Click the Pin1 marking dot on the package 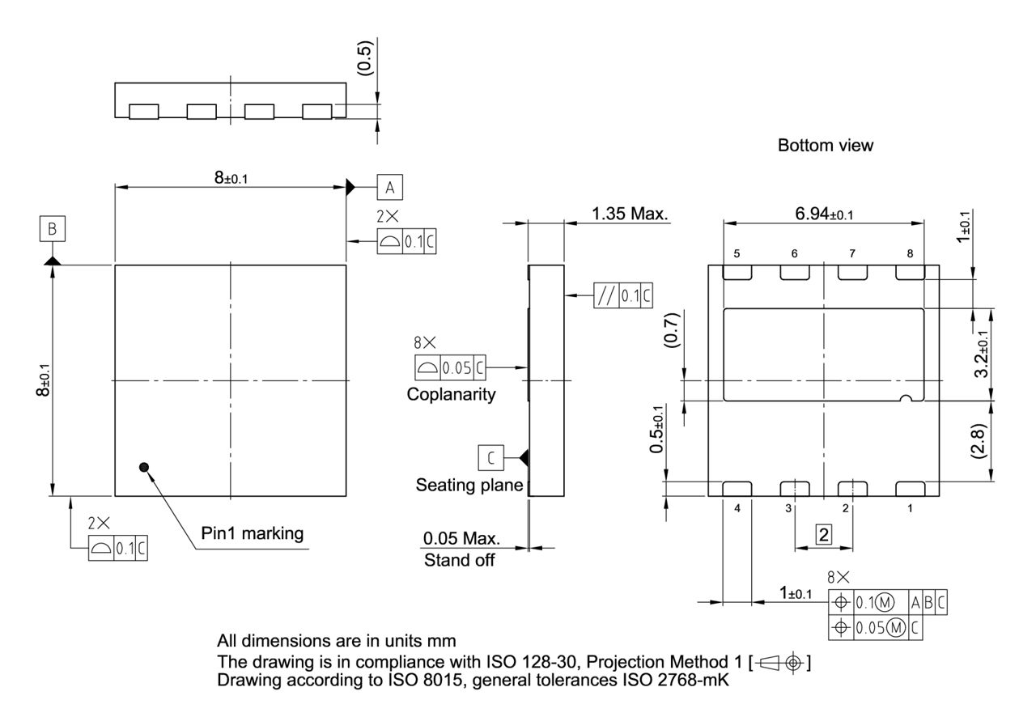click(144, 467)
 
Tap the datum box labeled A click(389, 187)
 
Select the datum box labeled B click(53, 229)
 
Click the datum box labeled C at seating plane click(490, 458)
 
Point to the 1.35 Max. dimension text click(630, 214)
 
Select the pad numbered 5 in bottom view click(737, 274)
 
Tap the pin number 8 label click(910, 253)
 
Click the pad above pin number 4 click(737, 488)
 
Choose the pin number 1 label click(910, 508)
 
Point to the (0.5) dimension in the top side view click(364, 56)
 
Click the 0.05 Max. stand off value click(461, 539)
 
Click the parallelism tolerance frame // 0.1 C click(622, 295)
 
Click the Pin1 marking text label click(252, 533)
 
